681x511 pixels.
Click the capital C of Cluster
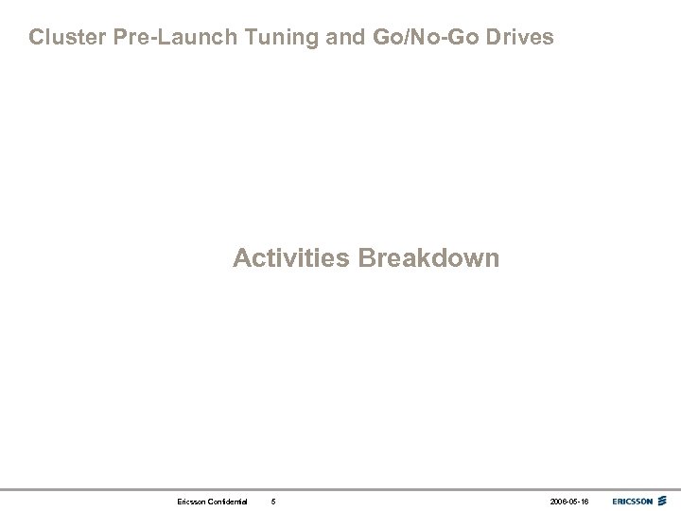(x=36, y=38)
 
